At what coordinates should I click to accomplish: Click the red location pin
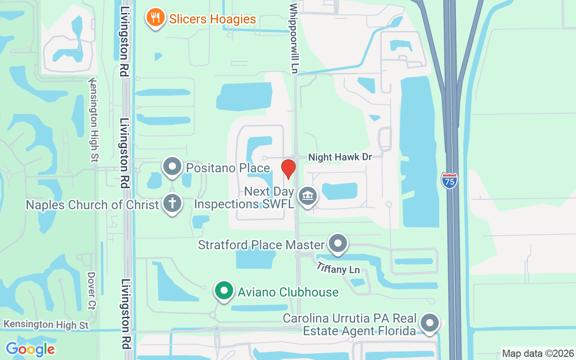(x=288, y=169)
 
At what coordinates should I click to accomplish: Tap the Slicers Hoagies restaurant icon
(x=155, y=18)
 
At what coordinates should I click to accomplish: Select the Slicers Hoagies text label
(x=212, y=19)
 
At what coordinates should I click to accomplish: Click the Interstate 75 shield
(x=449, y=180)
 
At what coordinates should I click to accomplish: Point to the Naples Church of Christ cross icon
(x=172, y=203)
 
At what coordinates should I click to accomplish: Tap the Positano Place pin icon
(x=172, y=166)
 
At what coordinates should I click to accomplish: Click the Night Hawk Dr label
(x=340, y=157)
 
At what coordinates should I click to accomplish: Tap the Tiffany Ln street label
(x=338, y=268)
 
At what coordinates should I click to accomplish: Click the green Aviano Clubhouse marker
(x=224, y=291)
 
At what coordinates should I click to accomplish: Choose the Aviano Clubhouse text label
(x=288, y=292)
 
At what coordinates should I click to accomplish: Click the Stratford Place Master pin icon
(x=338, y=243)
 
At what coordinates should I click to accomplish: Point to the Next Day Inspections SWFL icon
(x=308, y=196)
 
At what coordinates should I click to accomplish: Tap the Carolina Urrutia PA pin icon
(x=429, y=323)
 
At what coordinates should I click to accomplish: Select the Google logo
(x=30, y=349)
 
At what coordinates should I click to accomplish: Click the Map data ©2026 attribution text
(x=538, y=353)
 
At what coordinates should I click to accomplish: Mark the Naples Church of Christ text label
(x=92, y=205)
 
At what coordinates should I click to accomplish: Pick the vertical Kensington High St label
(x=94, y=120)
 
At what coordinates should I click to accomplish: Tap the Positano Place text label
(x=228, y=168)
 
